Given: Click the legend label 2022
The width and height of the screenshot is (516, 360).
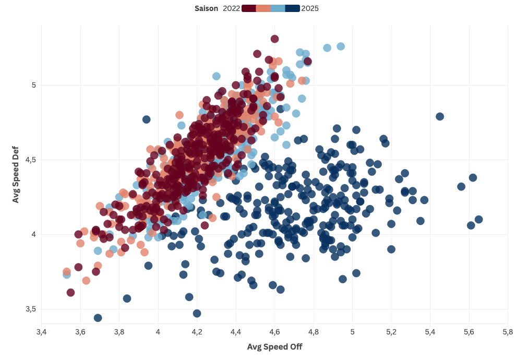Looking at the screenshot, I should (231, 8).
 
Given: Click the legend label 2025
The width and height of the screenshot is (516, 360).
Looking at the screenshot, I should (310, 8).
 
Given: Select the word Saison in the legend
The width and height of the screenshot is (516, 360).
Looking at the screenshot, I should (206, 8).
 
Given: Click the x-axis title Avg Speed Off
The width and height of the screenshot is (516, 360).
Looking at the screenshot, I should (274, 346).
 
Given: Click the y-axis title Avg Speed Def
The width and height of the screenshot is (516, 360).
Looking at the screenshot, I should (16, 175).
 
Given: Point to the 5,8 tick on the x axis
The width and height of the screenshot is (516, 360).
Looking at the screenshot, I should (508, 332).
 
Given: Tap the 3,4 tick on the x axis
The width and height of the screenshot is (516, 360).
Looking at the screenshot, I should (41, 332).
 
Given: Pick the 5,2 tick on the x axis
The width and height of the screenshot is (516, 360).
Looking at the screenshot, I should (391, 332).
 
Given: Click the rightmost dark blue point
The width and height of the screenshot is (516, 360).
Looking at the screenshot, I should (478, 220).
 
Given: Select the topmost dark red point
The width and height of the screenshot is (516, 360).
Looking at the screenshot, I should (274, 39).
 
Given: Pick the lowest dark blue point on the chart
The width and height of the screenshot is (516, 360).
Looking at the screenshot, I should (98, 318).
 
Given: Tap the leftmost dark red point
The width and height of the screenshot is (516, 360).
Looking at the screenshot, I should (70, 293).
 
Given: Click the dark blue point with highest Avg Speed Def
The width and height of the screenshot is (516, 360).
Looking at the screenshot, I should (440, 116).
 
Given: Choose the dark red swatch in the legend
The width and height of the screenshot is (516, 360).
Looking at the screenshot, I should (249, 8).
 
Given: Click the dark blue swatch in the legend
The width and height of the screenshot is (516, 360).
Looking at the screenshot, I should (292, 8).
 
